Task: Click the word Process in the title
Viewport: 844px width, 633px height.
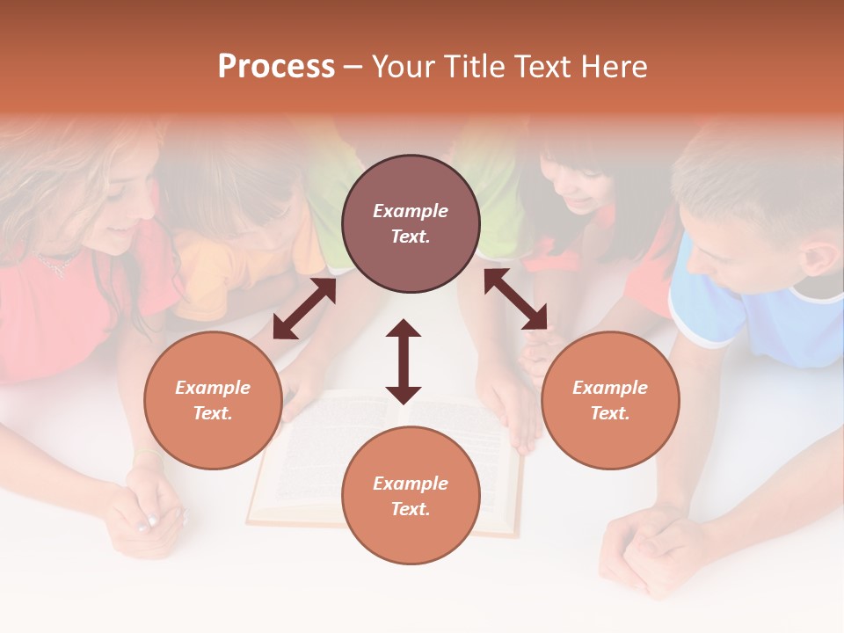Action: pyautogui.click(x=276, y=67)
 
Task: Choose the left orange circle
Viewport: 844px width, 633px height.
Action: pyautogui.click(x=213, y=400)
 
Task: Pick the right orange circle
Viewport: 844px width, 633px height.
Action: pyautogui.click(x=610, y=400)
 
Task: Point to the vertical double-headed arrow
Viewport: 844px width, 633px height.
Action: pyautogui.click(x=404, y=361)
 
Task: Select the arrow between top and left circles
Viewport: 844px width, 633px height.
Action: pyautogui.click(x=304, y=309)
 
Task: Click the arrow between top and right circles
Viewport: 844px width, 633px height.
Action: pyautogui.click(x=515, y=299)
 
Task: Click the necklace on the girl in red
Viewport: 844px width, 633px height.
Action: pyautogui.click(x=55, y=262)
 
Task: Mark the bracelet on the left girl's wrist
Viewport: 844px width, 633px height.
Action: pyautogui.click(x=148, y=454)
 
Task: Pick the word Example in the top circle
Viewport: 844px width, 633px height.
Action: pyautogui.click(x=411, y=211)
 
